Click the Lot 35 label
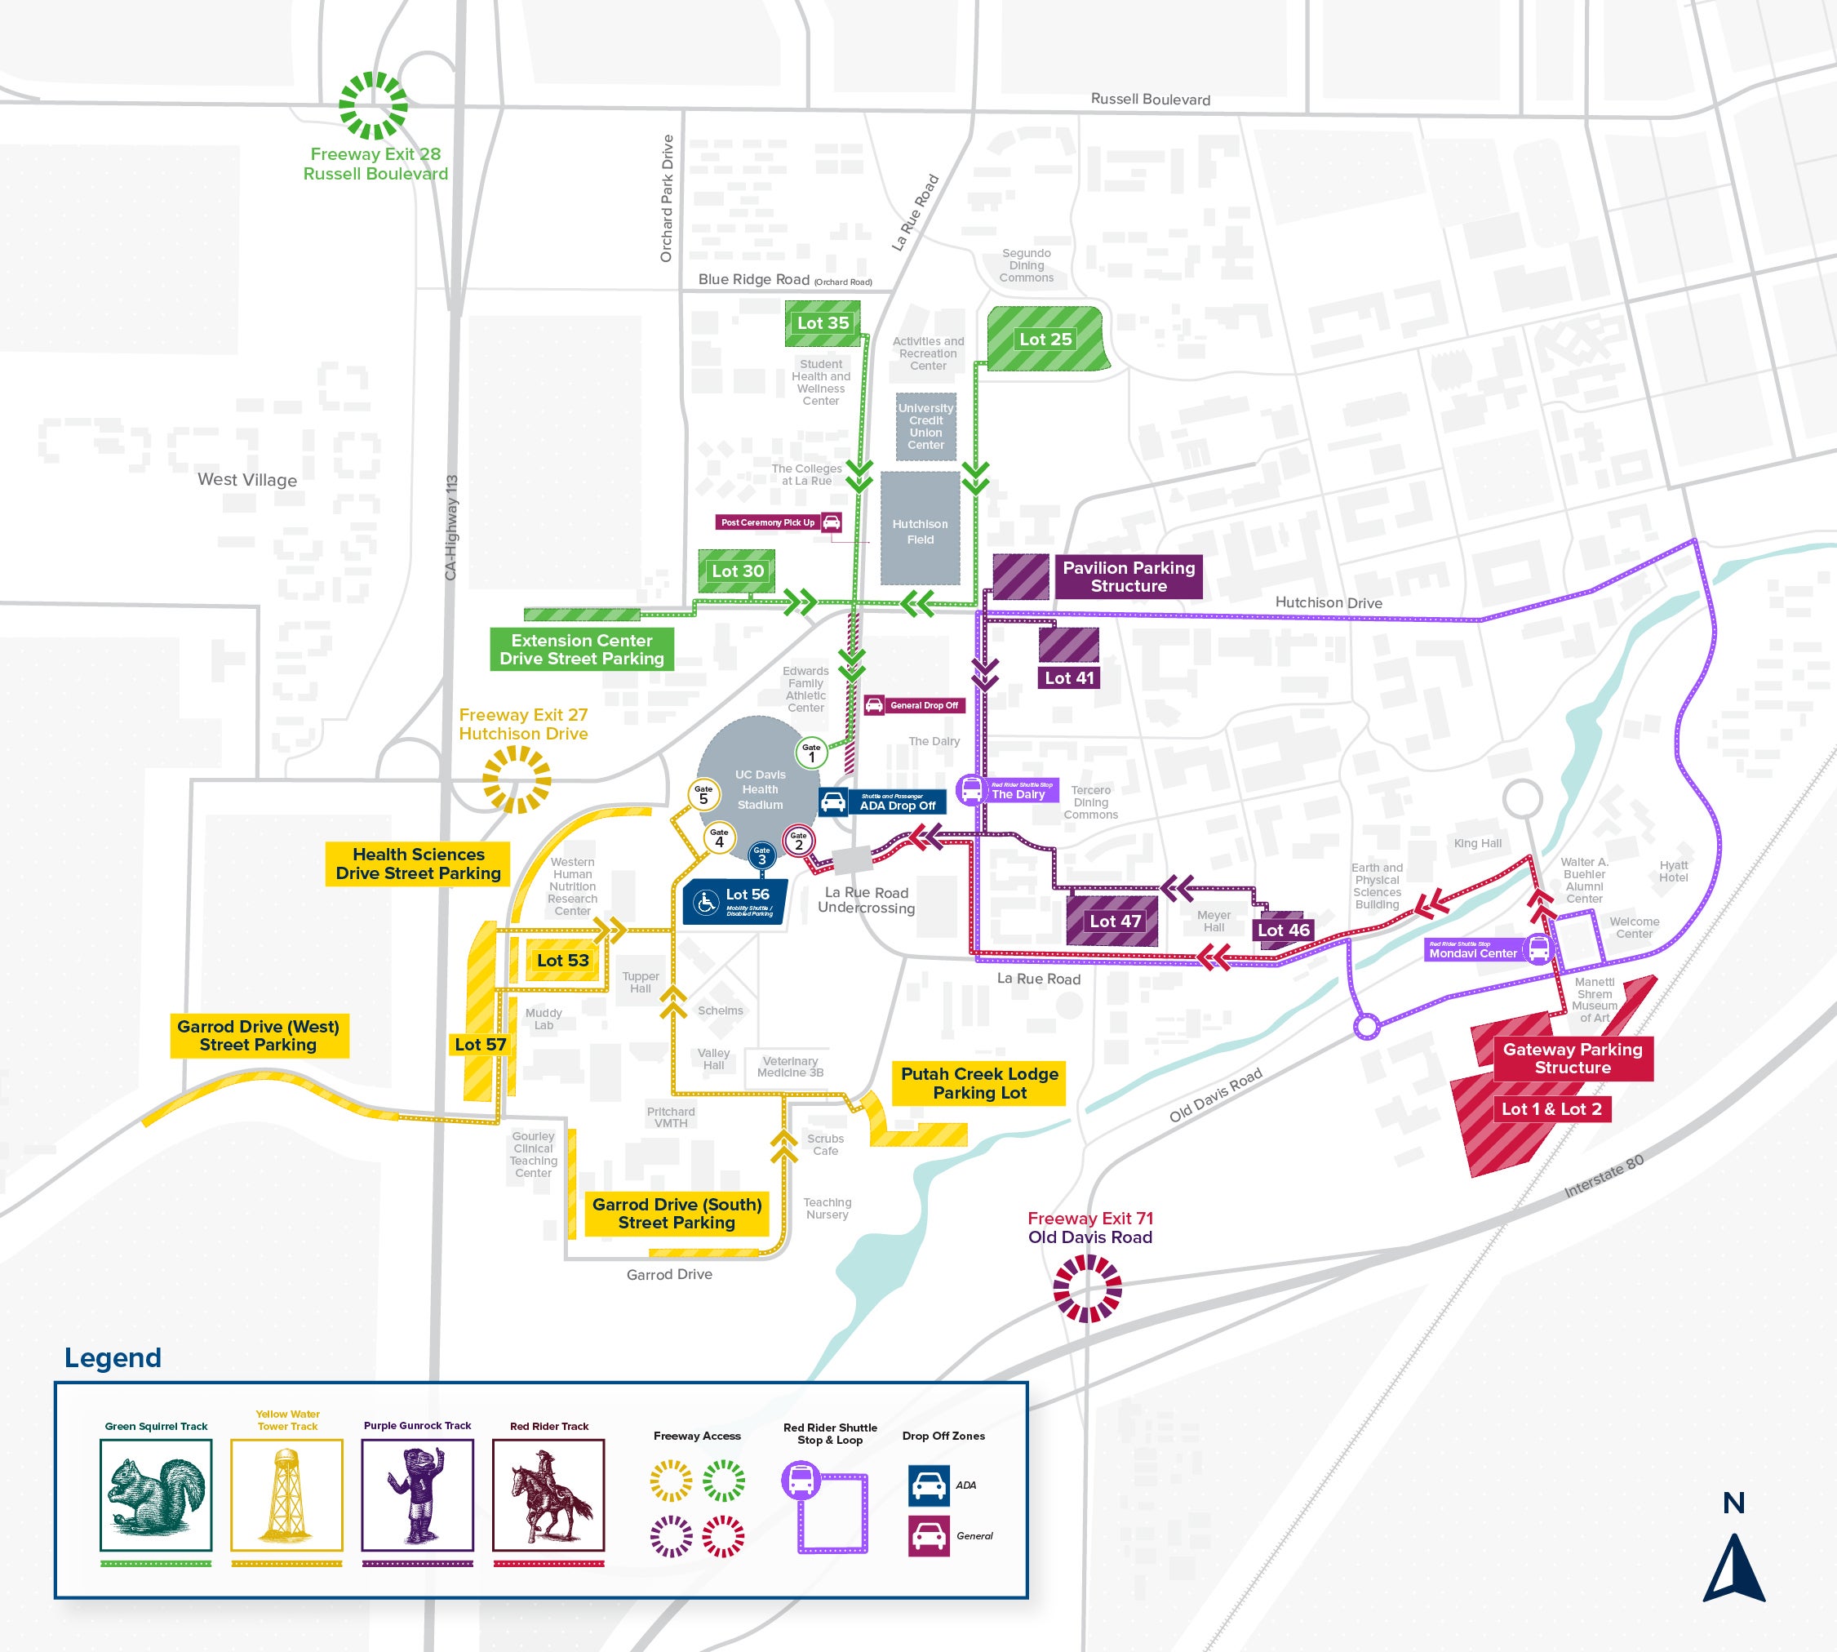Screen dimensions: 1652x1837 click(x=823, y=323)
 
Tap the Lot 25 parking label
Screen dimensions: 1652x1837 click(x=1045, y=340)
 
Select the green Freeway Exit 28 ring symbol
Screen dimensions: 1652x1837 click(x=373, y=105)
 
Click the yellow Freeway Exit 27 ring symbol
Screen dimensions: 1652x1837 click(x=517, y=779)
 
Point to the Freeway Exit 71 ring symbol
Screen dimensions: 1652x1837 click(x=1087, y=1288)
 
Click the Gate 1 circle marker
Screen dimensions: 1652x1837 click(x=811, y=753)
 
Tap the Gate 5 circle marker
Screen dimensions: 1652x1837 click(x=703, y=794)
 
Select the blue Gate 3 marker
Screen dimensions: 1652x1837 click(x=761, y=855)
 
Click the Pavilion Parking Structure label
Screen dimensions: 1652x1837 click(x=1128, y=576)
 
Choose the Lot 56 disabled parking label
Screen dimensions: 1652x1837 click(x=735, y=901)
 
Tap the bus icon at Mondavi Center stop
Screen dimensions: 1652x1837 click(x=1538, y=948)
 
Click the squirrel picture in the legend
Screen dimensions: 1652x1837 click(x=156, y=1494)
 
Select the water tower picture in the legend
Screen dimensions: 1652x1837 click(x=286, y=1494)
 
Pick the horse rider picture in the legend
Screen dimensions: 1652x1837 click(x=548, y=1494)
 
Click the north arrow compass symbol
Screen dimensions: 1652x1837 click(x=1733, y=1568)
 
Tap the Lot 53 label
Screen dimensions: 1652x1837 click(x=563, y=961)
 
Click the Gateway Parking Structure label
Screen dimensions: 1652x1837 click(x=1572, y=1059)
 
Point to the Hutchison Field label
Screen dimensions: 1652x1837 click(x=920, y=532)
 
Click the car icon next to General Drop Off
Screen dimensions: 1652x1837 click(x=874, y=705)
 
